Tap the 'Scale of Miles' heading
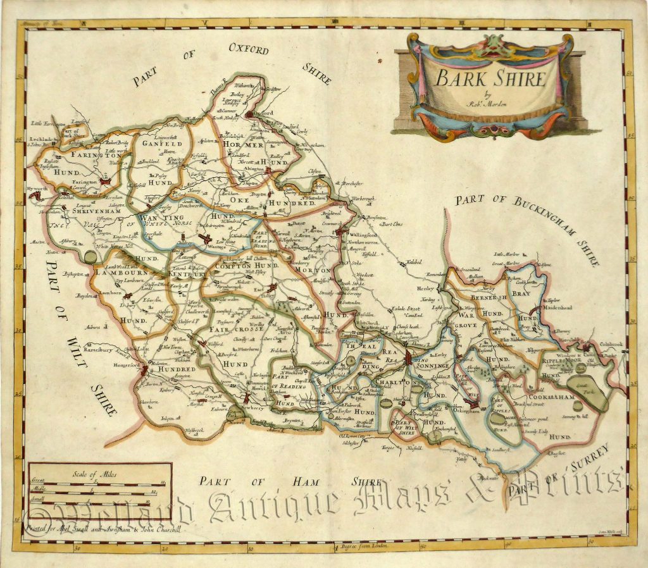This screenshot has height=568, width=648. tap(100, 473)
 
